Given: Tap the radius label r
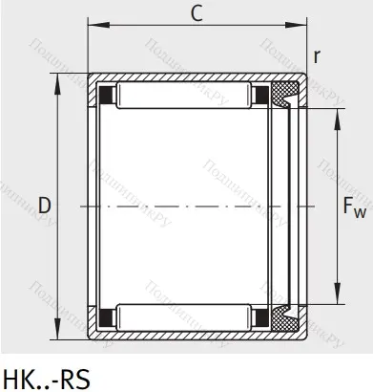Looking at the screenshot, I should pyautogui.click(x=317, y=55).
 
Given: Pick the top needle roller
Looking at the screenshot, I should pyautogui.click(x=186, y=96).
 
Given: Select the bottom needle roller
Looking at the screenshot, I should pyautogui.click(x=186, y=314).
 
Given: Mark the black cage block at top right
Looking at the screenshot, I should pyautogui.click(x=259, y=96).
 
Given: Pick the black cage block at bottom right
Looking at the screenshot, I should pyautogui.click(x=259, y=314).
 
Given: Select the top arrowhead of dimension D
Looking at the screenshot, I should pyautogui.click(x=59, y=79).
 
